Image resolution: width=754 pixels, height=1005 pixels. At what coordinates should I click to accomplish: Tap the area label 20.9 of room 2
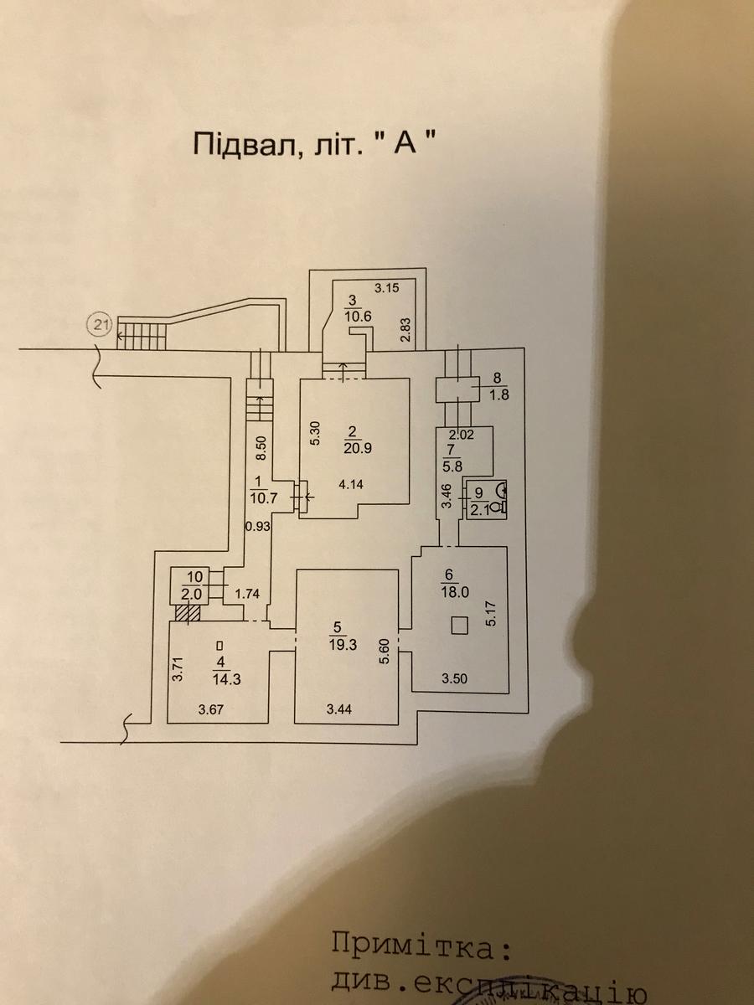pyautogui.click(x=354, y=447)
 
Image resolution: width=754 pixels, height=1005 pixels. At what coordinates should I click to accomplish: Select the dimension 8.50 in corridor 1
pyautogui.click(x=261, y=448)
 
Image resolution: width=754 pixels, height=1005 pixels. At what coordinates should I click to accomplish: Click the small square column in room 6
pyautogui.click(x=459, y=624)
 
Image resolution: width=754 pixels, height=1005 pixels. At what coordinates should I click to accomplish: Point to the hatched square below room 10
pyautogui.click(x=188, y=613)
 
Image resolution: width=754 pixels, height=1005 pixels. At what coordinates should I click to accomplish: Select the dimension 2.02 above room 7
pyautogui.click(x=462, y=434)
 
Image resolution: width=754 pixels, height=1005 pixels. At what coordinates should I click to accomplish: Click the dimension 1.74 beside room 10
pyautogui.click(x=247, y=593)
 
